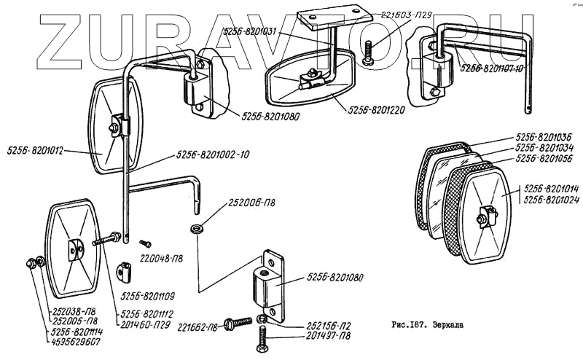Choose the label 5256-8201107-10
[x=492, y=68]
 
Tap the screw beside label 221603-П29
[x=368, y=51]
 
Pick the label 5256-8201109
[x=143, y=297]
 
